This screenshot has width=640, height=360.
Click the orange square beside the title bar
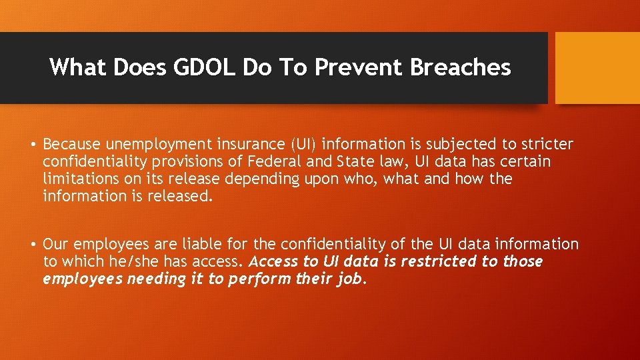click(x=597, y=68)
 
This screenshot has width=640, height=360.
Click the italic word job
click(x=350, y=279)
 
